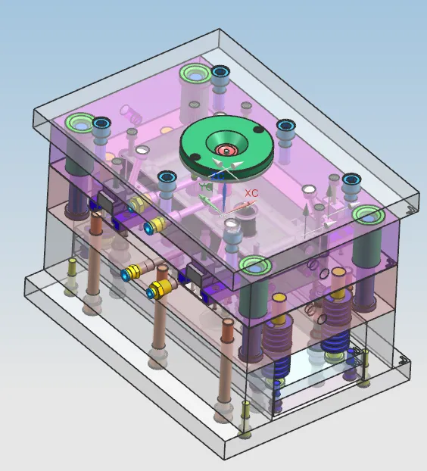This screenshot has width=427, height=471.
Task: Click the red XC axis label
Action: coord(251,193)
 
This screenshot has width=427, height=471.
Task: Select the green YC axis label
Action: coord(205,186)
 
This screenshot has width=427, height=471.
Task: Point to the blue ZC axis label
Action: coord(218,176)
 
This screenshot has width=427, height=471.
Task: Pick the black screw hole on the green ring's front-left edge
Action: coord(195,157)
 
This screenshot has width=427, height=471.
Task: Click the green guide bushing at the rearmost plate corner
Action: coord(195,74)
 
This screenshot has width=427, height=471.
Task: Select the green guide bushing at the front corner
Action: coord(255,265)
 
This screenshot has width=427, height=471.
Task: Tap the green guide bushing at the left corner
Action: coord(80,123)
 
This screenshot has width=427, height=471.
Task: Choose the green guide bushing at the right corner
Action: coord(368,214)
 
